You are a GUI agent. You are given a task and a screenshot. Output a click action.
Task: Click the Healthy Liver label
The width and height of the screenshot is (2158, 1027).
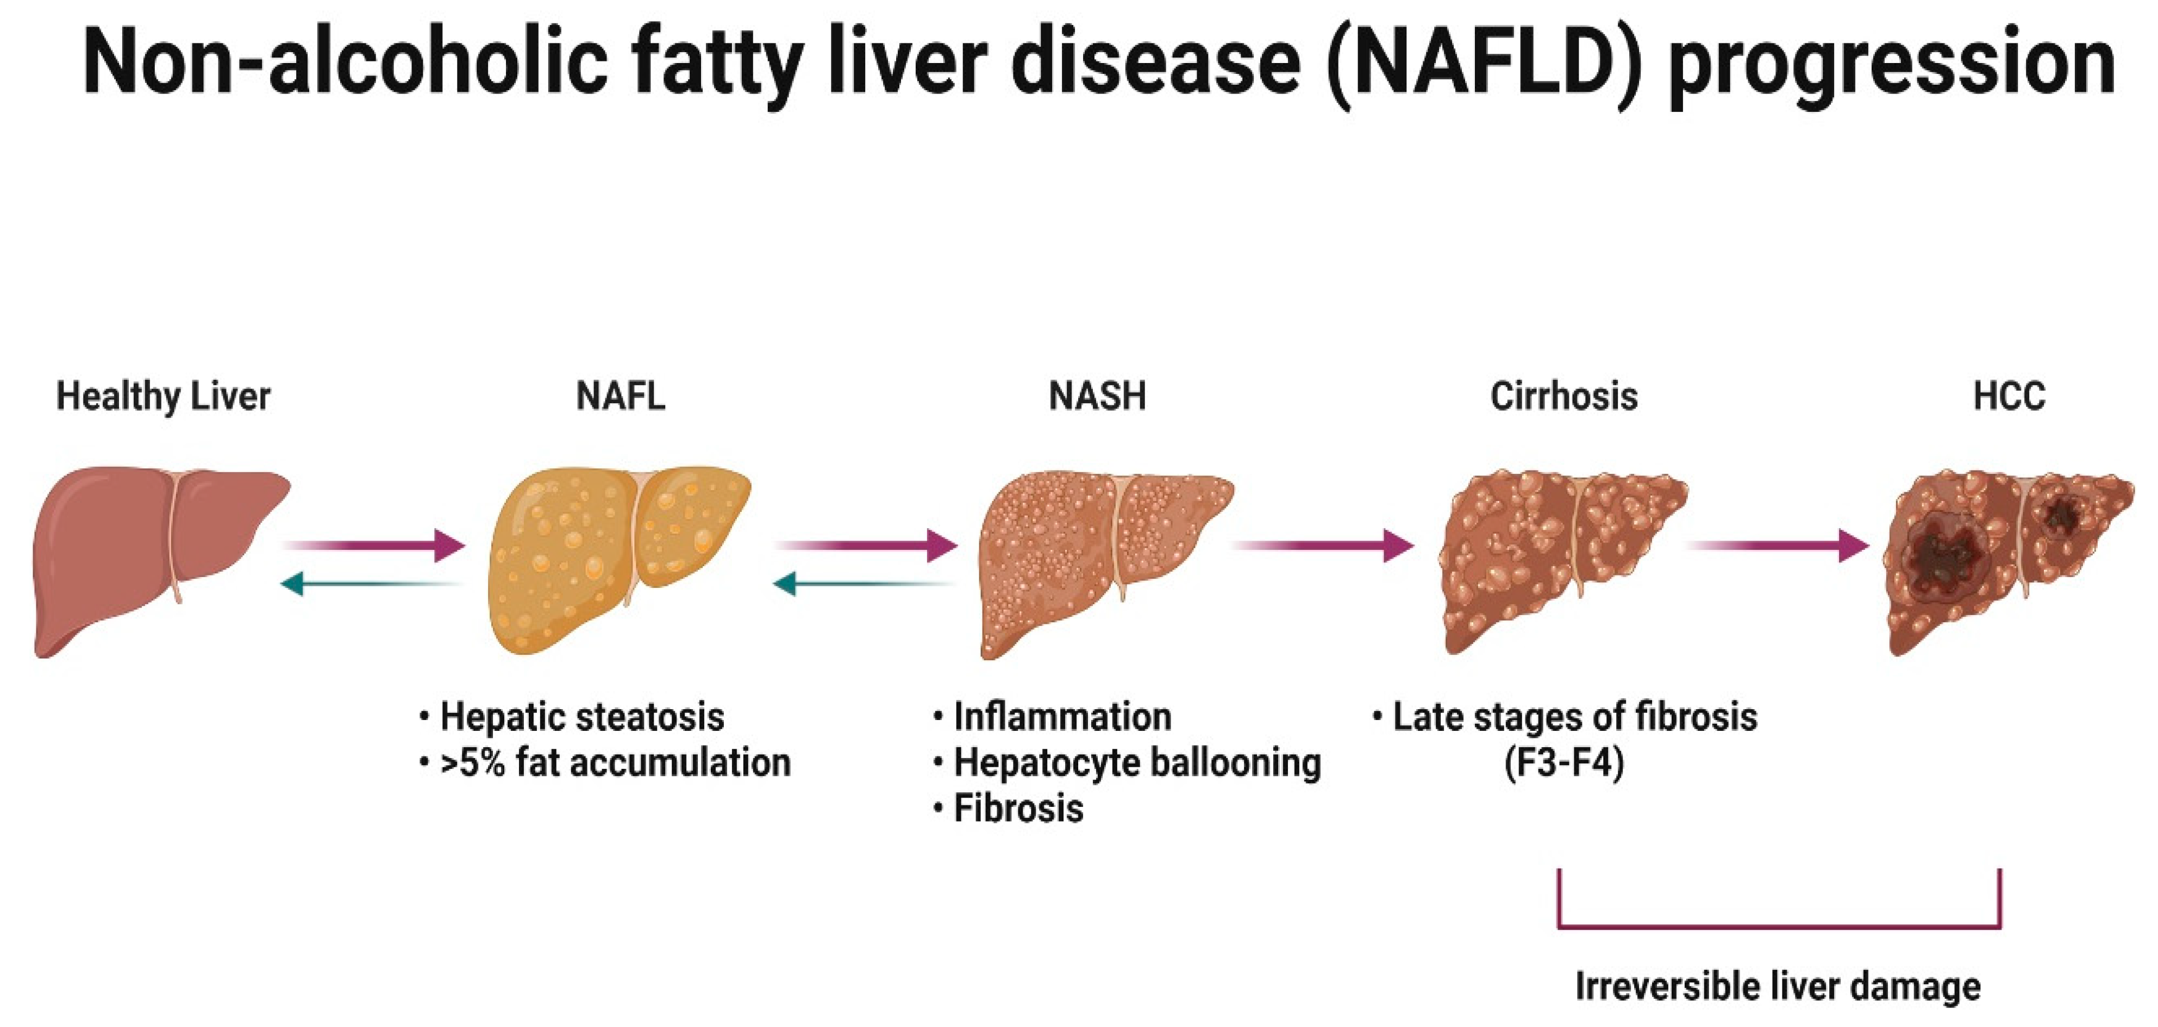click(164, 396)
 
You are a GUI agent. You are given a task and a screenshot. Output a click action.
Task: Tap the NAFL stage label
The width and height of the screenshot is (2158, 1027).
click(621, 396)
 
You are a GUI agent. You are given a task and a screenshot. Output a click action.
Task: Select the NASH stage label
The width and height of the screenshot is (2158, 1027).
click(1097, 396)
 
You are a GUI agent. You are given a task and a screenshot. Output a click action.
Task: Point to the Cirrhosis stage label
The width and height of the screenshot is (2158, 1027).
click(1563, 396)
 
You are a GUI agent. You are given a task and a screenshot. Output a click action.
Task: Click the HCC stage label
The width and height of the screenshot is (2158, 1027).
click(2009, 396)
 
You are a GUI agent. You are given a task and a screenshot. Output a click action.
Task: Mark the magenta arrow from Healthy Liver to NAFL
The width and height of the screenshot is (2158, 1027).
click(377, 546)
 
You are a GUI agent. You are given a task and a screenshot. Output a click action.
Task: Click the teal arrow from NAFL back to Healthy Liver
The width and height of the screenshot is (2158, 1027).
click(373, 583)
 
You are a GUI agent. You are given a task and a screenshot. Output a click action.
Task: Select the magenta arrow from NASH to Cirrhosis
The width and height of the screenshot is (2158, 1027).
click(1324, 546)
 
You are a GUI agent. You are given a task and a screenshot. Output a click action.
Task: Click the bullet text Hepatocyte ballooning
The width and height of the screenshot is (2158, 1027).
click(1137, 763)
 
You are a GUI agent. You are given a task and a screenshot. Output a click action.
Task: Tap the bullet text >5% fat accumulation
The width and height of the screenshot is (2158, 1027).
click(615, 763)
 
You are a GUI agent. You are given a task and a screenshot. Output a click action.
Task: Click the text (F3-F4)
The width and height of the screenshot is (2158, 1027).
click(1564, 763)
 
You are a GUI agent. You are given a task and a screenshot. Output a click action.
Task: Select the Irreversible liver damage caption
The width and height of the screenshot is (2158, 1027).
click(1778, 986)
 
